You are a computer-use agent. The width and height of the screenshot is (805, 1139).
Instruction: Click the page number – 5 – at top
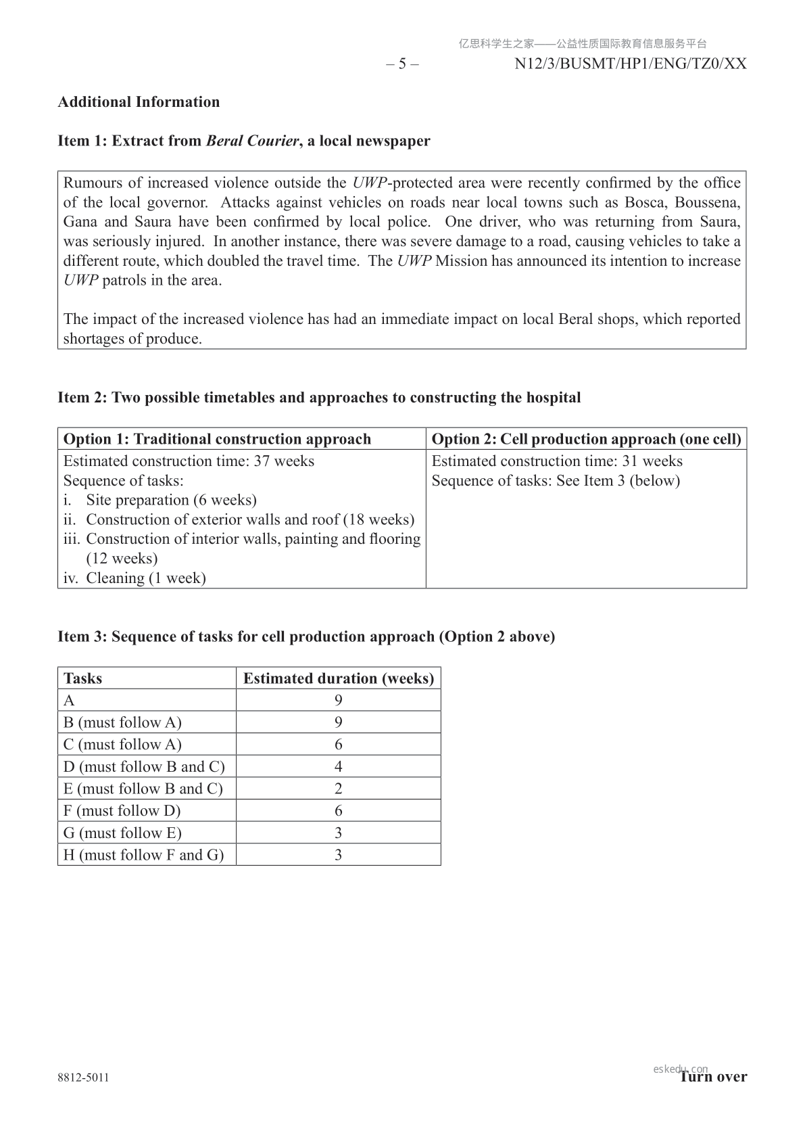402,64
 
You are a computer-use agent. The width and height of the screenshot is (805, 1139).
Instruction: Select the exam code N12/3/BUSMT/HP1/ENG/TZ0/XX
630,64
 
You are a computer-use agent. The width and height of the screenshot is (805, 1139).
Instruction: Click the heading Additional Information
139,102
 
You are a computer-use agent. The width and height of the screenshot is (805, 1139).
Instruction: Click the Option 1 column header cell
241,439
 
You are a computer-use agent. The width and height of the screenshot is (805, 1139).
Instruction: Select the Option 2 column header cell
585,439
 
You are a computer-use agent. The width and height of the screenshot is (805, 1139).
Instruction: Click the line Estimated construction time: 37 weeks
189,461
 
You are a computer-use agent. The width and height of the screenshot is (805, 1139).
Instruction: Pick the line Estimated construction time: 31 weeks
556,461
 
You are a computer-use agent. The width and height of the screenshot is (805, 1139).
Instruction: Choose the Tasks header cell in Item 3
147,678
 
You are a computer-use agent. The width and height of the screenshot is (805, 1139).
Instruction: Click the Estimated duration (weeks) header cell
338,678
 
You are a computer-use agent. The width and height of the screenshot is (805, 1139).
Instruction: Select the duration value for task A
338,700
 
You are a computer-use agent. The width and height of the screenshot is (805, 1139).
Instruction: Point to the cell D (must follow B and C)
144,766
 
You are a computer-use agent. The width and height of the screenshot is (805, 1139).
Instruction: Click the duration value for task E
338,789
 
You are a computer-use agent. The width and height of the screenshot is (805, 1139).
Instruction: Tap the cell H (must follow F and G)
143,855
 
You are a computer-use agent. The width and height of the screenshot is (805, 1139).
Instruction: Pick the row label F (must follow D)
122,810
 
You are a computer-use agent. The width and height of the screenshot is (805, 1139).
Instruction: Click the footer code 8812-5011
83,1077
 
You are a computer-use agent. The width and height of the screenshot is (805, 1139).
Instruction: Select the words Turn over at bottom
714,1077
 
